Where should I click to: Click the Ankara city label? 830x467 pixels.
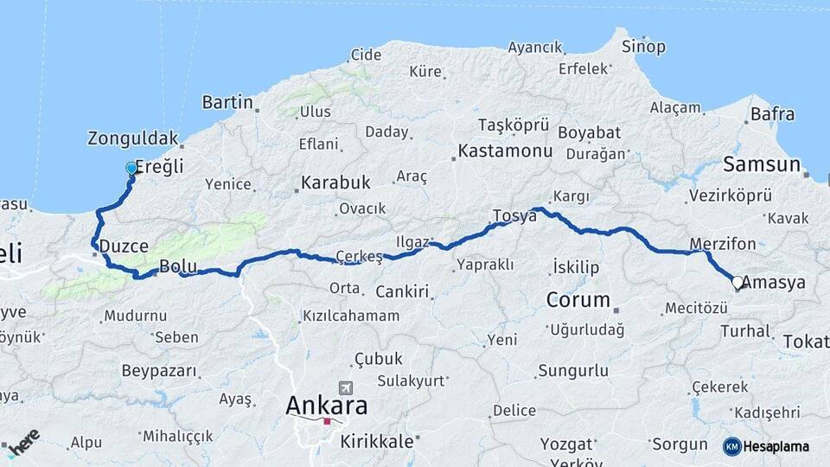click(327, 405)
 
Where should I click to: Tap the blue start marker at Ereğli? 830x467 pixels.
click(131, 168)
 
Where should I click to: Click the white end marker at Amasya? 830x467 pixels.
click(737, 282)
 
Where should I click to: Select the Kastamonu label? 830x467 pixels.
click(506, 151)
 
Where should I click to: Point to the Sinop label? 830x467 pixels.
click(644, 46)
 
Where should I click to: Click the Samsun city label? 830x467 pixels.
click(762, 164)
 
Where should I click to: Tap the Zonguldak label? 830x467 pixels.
click(133, 138)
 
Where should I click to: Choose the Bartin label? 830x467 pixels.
click(227, 103)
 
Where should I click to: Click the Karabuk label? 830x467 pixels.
click(335, 183)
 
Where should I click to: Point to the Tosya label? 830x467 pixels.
click(514, 215)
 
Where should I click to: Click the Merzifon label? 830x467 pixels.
click(724, 244)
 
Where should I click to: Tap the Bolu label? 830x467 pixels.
click(179, 266)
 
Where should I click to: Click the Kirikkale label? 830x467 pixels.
click(377, 441)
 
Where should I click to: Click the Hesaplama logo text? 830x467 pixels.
click(777, 446)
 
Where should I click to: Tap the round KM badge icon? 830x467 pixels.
click(732, 446)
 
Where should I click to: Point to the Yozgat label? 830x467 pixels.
click(565, 445)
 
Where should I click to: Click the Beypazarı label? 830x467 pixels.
click(159, 372)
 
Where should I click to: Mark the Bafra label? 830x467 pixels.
click(772, 113)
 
